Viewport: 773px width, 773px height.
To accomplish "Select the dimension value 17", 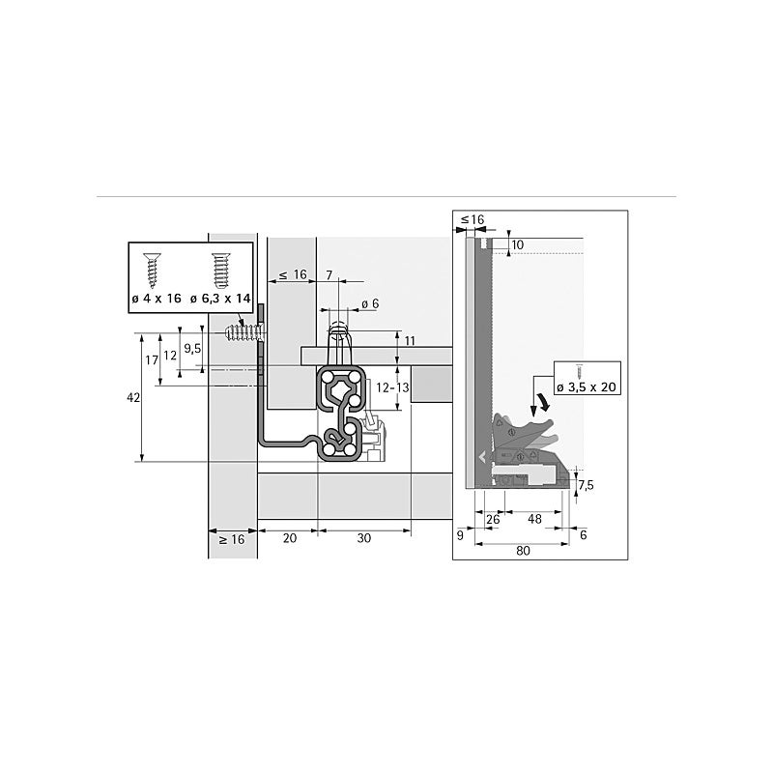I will tap(150, 359).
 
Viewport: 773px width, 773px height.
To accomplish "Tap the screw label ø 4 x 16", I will tap(156, 299).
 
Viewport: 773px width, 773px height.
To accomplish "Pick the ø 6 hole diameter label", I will tap(369, 303).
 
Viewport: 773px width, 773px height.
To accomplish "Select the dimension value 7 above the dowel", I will tap(329, 275).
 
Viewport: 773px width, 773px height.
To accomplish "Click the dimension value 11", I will tap(409, 342).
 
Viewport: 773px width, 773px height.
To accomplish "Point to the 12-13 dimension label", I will tap(393, 387).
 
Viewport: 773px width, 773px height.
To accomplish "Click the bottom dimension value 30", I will tap(363, 539).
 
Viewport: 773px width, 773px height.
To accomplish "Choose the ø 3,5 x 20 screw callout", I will tap(587, 386).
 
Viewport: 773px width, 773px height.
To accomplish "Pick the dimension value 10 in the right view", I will tap(517, 245).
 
